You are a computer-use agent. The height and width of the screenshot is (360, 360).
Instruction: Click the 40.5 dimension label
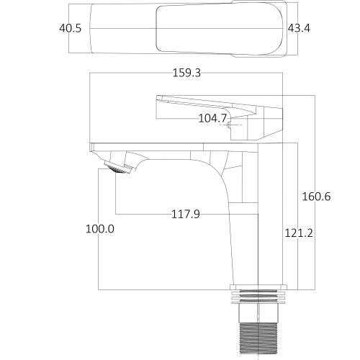pyautogui.click(x=71, y=28)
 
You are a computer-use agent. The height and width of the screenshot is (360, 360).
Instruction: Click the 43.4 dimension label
pyautogui.click(x=299, y=28)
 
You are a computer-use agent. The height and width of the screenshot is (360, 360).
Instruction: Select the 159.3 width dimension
pyautogui.click(x=186, y=73)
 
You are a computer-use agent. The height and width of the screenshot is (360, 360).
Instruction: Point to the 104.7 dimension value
pyautogui.click(x=212, y=118)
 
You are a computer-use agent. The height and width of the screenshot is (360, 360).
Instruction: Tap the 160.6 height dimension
pyautogui.click(x=316, y=197)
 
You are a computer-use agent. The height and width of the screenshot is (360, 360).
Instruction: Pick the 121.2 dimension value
pyautogui.click(x=299, y=233)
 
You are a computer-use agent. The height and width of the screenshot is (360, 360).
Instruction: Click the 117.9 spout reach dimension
pyautogui.click(x=186, y=214)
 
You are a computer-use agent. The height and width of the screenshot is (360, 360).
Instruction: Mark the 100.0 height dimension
pyautogui.click(x=100, y=229)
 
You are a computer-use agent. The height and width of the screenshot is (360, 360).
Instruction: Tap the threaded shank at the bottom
pyautogui.click(x=258, y=341)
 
